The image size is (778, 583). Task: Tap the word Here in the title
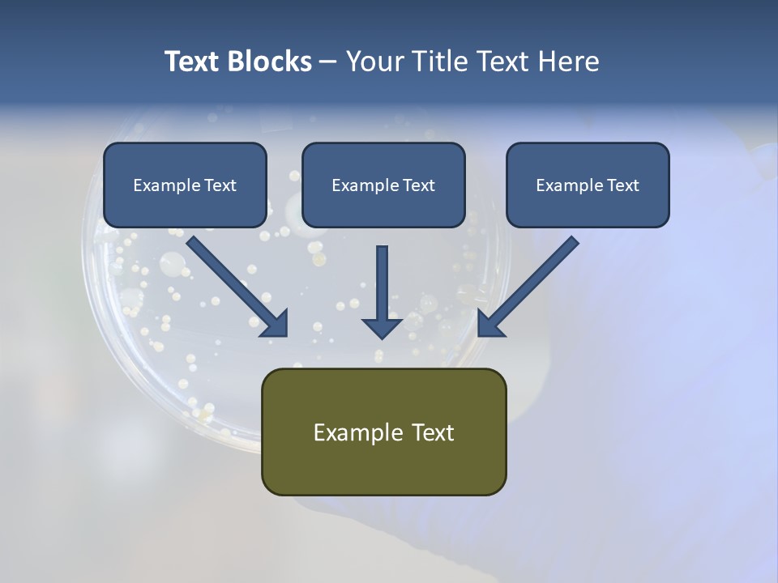pos(566,62)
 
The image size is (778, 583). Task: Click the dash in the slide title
pos(328,62)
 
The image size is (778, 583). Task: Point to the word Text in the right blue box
pos(622,185)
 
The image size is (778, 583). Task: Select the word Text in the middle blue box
pos(418,185)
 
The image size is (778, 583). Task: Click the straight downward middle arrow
pos(383,287)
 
